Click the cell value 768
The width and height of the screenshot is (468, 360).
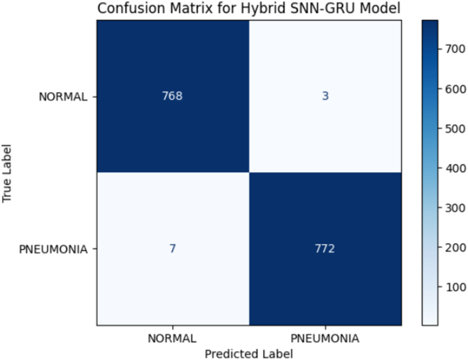173,96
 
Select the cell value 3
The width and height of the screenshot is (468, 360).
327,96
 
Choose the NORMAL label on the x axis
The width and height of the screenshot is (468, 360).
173,338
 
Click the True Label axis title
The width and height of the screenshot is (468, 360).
8,173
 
